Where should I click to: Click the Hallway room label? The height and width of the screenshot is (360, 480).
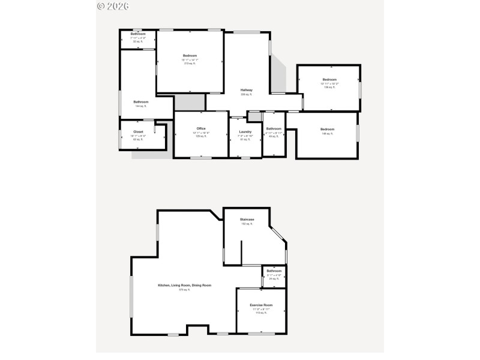coord(247,90)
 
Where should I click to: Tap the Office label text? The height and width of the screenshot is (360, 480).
coord(201,128)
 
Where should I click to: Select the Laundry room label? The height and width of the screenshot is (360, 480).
coord(245,132)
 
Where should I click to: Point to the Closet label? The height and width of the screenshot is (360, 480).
coord(138,131)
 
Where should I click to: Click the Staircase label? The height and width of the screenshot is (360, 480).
coord(247,220)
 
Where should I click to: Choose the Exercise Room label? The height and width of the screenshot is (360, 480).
coord(261,305)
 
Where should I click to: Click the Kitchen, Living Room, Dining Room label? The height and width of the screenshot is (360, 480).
coord(184,285)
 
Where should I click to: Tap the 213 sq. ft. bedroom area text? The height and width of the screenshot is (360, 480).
coord(190,64)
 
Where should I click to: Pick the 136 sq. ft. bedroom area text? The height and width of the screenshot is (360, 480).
coord(329,88)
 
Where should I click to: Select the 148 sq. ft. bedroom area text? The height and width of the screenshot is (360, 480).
coord(327,134)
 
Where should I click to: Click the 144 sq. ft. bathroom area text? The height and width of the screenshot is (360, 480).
coord(140,106)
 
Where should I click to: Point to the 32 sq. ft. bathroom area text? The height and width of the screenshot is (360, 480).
coord(138,42)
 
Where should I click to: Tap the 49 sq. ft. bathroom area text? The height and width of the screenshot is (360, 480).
coord(274,136)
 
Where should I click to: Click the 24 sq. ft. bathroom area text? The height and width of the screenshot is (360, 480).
coord(274,279)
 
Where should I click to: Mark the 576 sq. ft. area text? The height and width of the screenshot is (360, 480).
coord(184,290)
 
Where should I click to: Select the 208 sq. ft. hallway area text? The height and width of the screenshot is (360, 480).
coord(247,94)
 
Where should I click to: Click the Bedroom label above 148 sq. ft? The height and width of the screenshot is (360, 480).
coord(327,130)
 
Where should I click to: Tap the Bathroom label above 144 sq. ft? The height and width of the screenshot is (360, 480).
coord(140,102)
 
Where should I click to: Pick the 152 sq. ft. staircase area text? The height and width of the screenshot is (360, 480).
coord(247,224)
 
